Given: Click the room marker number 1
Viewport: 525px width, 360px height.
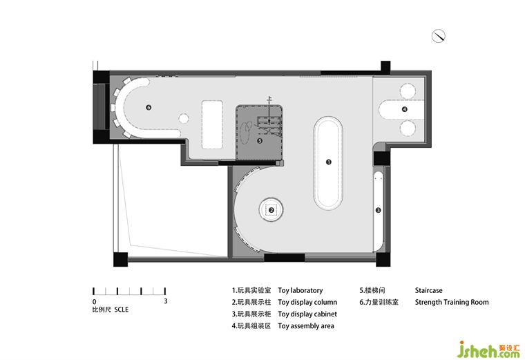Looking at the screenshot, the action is (x=328, y=162).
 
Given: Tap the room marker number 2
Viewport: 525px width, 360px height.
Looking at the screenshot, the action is (x=271, y=210).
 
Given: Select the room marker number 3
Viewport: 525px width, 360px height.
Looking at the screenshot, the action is (x=379, y=210).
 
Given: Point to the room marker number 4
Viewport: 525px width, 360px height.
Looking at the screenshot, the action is (x=405, y=109).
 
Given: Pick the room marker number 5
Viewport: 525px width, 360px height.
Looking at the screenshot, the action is (x=260, y=141).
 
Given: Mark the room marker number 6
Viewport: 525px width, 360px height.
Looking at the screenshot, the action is (x=149, y=108).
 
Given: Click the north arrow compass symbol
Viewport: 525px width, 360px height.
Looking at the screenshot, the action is (x=438, y=36).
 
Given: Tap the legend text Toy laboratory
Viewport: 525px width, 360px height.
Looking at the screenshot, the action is (x=300, y=290).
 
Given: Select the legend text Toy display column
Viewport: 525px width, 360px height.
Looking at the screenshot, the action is (x=307, y=302).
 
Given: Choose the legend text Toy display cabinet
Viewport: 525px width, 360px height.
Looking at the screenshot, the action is (x=307, y=314).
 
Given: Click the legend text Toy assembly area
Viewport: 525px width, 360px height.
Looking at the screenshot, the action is (x=306, y=326).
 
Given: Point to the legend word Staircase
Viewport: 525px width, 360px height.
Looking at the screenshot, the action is (x=428, y=290).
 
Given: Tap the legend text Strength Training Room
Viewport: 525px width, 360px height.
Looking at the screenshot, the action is (x=452, y=302).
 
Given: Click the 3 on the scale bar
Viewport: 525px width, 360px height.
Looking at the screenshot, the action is (x=165, y=301).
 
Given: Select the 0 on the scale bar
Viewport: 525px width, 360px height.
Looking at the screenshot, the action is (x=94, y=302).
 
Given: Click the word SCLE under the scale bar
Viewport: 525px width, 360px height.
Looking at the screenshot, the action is (x=121, y=310).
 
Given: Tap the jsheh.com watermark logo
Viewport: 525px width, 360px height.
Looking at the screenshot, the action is (x=488, y=349).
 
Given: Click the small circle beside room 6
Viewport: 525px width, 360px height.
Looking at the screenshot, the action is (x=184, y=118).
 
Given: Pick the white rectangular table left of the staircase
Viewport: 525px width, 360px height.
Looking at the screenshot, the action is (x=212, y=124).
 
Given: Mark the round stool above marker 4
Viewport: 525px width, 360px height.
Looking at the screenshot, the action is (x=408, y=91).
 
